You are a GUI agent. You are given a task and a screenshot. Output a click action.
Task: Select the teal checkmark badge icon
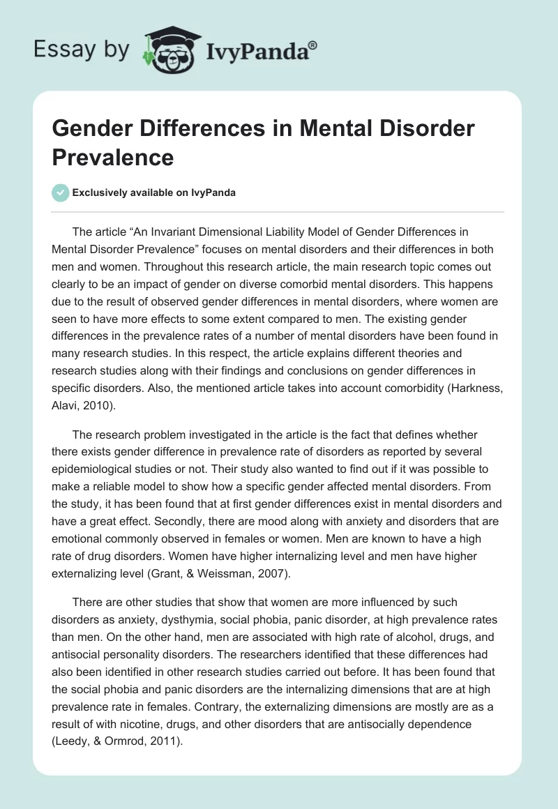(x=61, y=192)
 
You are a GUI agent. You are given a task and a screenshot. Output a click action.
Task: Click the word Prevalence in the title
(x=112, y=157)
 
